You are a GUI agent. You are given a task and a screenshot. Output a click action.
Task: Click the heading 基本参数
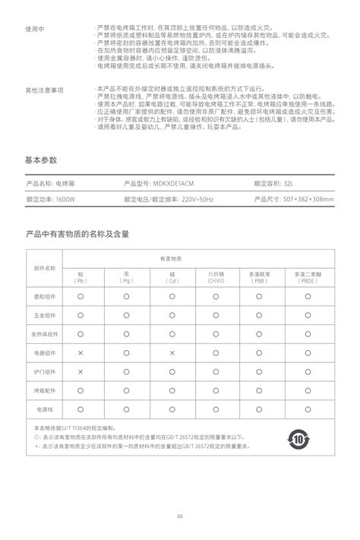pos(41,160)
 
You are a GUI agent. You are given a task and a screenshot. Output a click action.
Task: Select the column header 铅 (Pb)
pos(81,276)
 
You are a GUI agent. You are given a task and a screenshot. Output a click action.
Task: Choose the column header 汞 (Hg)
pos(126,276)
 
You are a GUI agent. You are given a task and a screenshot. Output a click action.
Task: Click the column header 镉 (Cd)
pos(172,276)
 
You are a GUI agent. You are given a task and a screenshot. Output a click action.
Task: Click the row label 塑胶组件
pos(45,295)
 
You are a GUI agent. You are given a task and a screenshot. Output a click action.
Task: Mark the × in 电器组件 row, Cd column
pos(172,352)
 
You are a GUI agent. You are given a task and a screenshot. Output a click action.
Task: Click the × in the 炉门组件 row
pos(81,371)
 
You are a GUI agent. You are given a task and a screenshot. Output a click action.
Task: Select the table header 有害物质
pos(195,258)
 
